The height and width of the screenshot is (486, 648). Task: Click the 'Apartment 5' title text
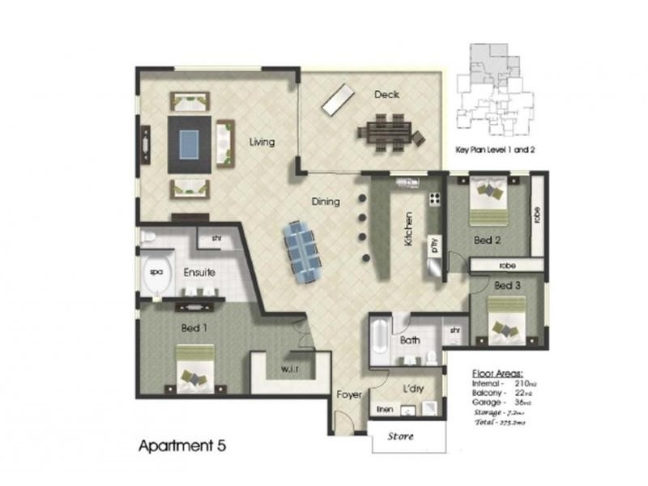[182, 446]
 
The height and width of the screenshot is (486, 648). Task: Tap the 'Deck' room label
[386, 95]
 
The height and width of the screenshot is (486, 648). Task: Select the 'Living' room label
[262, 143]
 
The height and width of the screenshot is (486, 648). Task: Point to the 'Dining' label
[326, 202]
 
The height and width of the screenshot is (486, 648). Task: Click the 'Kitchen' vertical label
[410, 228]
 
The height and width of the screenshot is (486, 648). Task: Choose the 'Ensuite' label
[198, 272]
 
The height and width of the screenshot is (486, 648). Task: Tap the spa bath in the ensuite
[155, 274]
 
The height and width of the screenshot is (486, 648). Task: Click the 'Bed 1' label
[194, 328]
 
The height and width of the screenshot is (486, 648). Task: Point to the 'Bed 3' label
[506, 286]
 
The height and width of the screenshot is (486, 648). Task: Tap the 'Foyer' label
[348, 394]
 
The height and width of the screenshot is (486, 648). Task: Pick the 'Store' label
[401, 437]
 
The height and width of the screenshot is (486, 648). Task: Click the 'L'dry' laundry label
[412, 390]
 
